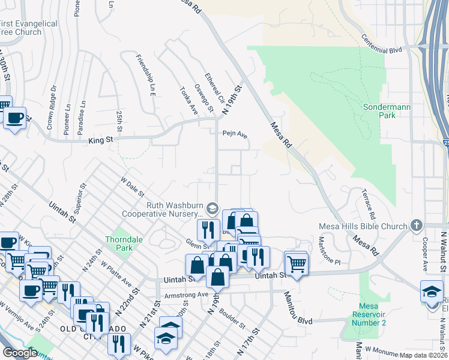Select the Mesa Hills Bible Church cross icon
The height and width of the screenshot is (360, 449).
coord(416,226)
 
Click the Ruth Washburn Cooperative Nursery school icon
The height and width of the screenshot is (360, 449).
coord(211,208)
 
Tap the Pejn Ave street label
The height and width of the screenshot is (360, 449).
coord(235,134)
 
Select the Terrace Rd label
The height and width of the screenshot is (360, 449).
coord(369,204)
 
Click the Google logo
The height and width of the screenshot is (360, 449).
coord(20,353)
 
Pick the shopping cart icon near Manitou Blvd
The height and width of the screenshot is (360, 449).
coord(296,262)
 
